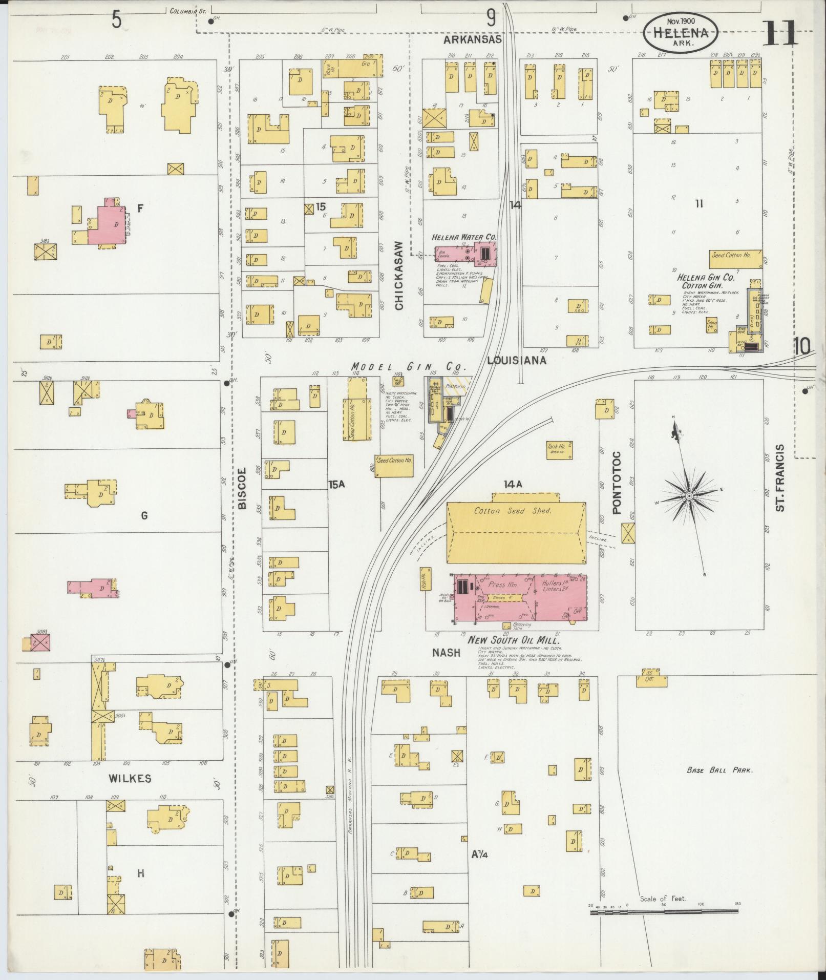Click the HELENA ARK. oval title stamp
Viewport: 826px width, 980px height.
(x=681, y=33)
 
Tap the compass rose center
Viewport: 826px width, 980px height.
(x=690, y=496)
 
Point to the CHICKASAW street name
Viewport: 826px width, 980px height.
(x=399, y=276)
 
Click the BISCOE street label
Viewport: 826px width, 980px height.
(x=242, y=488)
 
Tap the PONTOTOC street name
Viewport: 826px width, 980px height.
(x=617, y=482)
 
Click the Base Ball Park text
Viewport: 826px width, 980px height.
(x=719, y=770)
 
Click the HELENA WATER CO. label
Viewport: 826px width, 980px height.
(x=464, y=237)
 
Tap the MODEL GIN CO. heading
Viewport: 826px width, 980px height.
(x=408, y=367)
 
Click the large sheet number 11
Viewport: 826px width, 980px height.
(x=779, y=33)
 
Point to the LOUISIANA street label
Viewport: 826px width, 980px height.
(x=516, y=360)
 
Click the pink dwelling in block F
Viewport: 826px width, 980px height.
(x=107, y=224)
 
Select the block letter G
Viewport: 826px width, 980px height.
(x=144, y=516)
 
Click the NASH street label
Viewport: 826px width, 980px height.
(x=446, y=653)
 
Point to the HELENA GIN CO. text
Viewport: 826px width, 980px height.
(x=706, y=278)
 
